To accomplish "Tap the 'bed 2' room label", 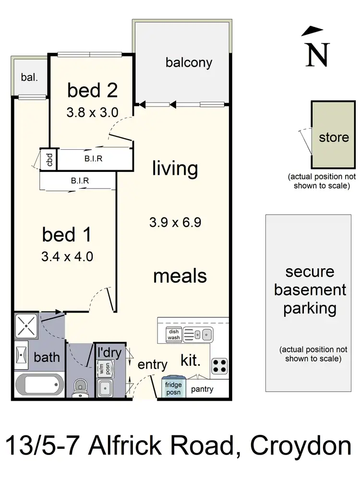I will click(93, 90).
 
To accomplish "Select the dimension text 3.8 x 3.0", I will click(93, 112).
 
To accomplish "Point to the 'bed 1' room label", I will click(66, 235).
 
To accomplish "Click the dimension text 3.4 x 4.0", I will click(67, 256).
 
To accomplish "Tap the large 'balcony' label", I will click(189, 62).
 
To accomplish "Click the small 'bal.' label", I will click(29, 77).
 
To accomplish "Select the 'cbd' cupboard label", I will click(49, 159).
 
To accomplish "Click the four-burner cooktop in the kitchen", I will click(219, 366).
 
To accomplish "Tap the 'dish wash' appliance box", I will click(173, 335).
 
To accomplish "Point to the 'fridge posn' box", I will click(173, 388).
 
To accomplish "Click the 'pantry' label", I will click(202, 389).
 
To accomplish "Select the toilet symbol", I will click(80, 388).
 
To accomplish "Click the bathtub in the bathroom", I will click(38, 384).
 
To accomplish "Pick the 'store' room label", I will click(334, 138).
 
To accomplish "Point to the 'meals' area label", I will click(180, 276).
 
